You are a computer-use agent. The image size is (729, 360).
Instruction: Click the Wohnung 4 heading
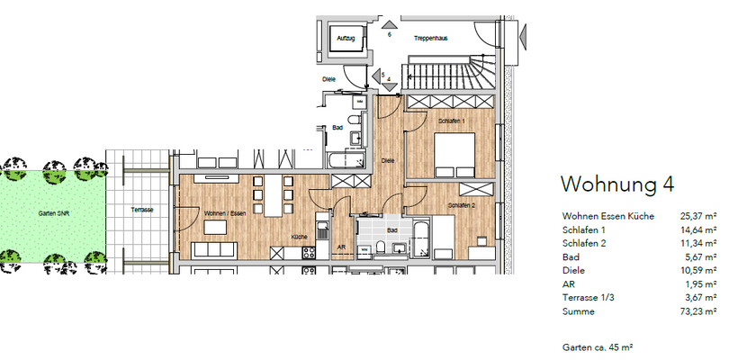617,184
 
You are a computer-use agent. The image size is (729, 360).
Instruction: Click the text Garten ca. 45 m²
600,346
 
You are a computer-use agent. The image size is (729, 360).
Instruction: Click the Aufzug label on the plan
346,39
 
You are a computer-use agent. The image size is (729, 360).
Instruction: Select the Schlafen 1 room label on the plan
450,120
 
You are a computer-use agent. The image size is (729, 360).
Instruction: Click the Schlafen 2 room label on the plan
462,206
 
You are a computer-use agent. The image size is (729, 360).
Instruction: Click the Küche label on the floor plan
300,237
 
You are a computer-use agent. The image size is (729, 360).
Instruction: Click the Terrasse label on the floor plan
141,209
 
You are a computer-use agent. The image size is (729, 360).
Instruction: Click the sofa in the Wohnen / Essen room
219,250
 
